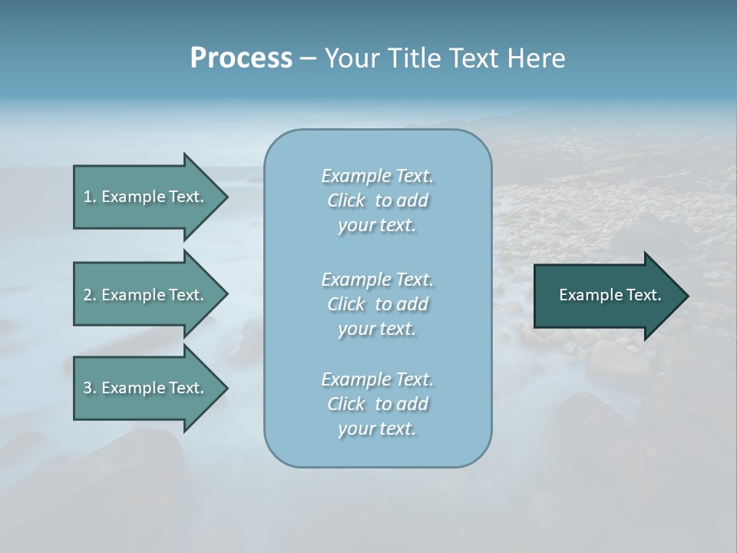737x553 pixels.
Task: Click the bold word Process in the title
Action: point(241,58)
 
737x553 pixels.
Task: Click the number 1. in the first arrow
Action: point(90,197)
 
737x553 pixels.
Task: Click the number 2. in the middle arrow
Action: point(90,295)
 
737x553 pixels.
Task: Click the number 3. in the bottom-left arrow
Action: point(90,388)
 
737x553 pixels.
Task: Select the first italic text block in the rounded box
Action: point(377,200)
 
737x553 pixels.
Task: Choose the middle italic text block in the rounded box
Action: point(377,304)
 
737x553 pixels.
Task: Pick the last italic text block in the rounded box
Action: point(377,404)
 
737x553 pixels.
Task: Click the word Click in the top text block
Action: point(346,200)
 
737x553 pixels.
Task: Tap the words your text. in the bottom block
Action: point(377,429)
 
